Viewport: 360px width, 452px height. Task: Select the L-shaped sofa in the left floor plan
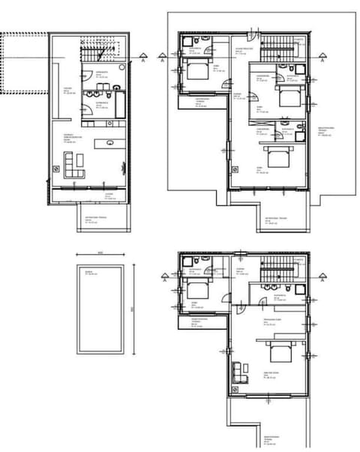[73, 163]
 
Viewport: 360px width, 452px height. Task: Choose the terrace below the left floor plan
[101, 220]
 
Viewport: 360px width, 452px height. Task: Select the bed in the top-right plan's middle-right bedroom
[288, 97]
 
